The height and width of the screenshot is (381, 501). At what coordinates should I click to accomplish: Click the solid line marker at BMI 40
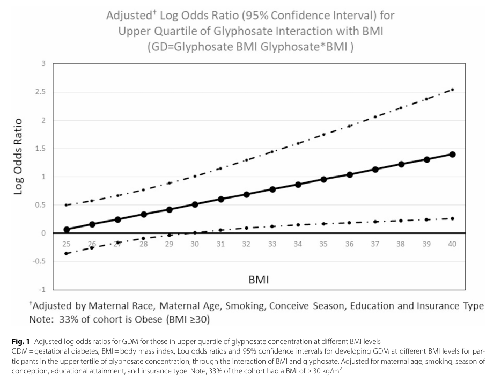[452, 155]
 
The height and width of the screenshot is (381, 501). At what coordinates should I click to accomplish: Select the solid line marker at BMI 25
[67, 230]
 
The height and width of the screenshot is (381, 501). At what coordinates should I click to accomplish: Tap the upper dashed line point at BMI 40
[452, 90]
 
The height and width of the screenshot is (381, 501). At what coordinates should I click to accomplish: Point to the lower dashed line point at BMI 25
[67, 253]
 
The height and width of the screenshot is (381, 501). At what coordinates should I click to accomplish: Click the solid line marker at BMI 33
[272, 189]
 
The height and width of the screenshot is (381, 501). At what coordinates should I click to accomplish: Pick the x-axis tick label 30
[195, 244]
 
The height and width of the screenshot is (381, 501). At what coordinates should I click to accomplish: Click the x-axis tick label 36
[349, 244]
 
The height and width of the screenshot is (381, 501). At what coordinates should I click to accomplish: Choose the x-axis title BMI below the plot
[259, 280]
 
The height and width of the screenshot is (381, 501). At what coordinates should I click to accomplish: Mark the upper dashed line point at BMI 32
[246, 160]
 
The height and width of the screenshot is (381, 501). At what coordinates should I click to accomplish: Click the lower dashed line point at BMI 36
[349, 223]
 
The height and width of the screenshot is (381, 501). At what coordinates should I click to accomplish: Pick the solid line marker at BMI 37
[375, 170]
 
